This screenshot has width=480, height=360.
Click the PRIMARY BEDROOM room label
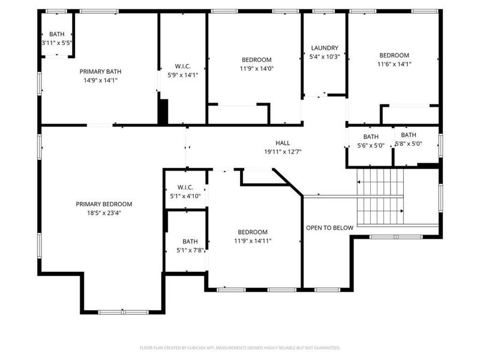104,204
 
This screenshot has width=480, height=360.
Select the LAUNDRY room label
325,48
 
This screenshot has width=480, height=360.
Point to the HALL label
283,143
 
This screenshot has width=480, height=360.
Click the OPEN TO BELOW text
329,228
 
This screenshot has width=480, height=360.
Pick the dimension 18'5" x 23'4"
104,212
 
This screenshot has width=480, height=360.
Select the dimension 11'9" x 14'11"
253,241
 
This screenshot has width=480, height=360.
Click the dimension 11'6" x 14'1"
394,64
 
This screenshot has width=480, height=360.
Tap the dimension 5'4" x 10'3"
325,56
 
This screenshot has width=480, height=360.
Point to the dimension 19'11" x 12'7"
283,152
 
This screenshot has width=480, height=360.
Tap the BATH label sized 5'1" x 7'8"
190,242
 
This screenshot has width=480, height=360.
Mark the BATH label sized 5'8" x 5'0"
409,135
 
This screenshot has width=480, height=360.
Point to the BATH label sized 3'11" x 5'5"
57,35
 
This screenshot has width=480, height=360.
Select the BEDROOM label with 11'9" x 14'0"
257,60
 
